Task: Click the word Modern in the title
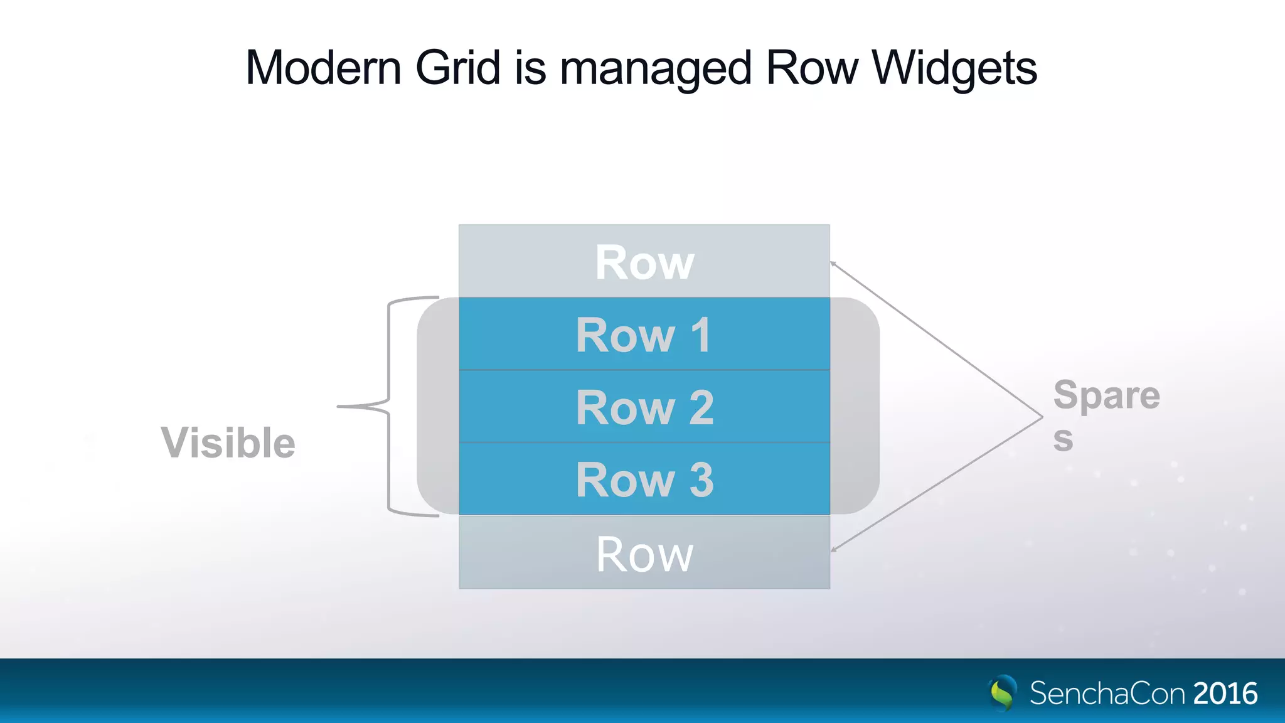pyautogui.click(x=323, y=68)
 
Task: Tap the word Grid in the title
pyautogui.click(x=457, y=68)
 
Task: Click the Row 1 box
pyautogui.click(x=644, y=335)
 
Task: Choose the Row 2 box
pyautogui.click(x=644, y=407)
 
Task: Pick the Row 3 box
pyautogui.click(x=644, y=479)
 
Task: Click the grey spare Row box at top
pyautogui.click(x=644, y=262)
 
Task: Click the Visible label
pyautogui.click(x=228, y=442)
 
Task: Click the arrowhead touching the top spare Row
pyautogui.click(x=833, y=264)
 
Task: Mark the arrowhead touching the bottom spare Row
pyautogui.click(x=834, y=550)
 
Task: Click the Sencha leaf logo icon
pyautogui.click(x=1002, y=693)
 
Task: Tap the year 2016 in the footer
pyautogui.click(x=1225, y=694)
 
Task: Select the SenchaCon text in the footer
pyautogui.click(x=1107, y=694)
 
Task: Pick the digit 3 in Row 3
pyautogui.click(x=701, y=480)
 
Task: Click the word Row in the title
pyautogui.click(x=812, y=68)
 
